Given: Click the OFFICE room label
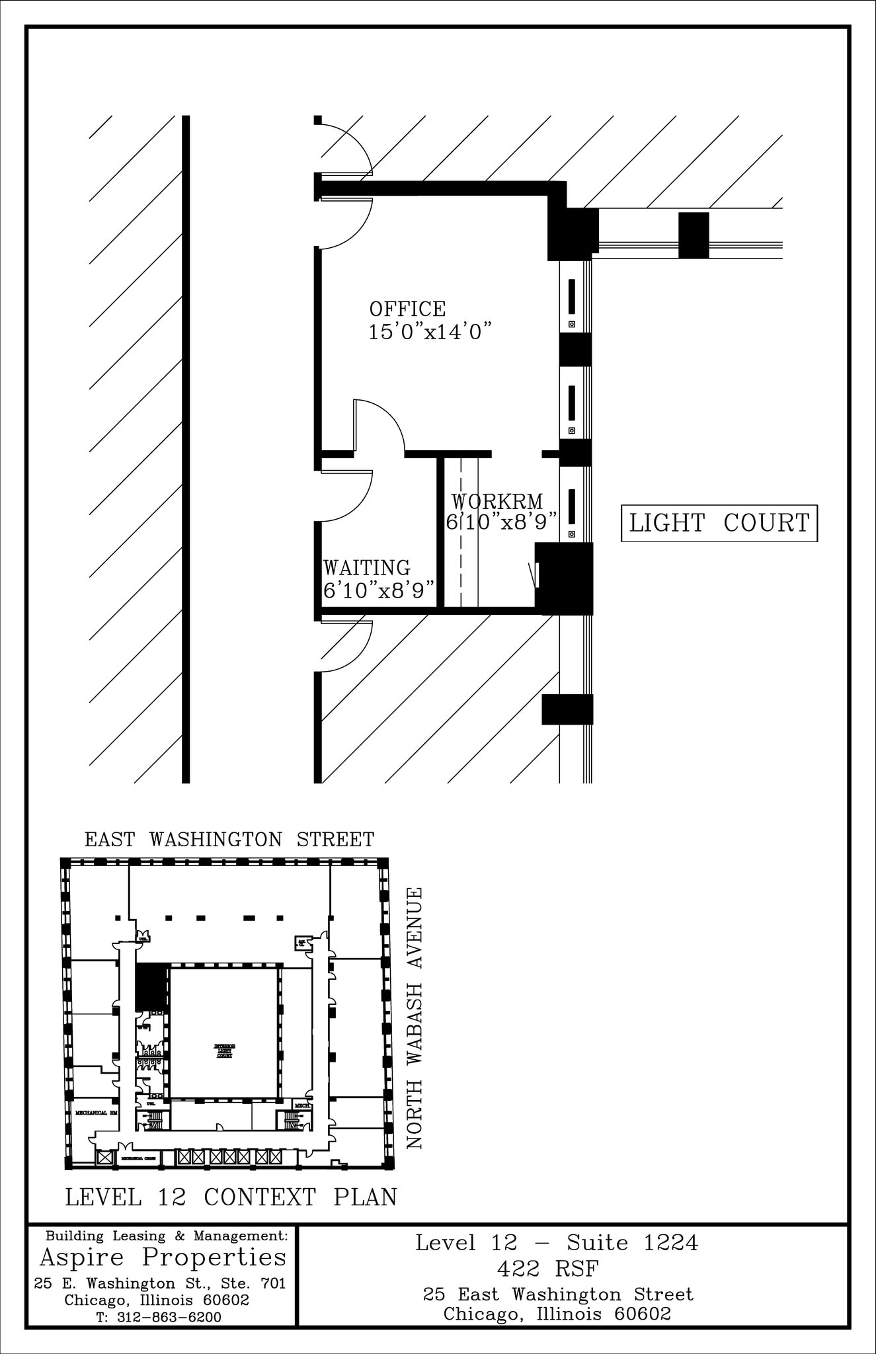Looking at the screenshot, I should click(x=407, y=309).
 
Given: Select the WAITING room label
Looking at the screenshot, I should click(x=366, y=568).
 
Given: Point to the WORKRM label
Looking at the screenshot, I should click(x=497, y=501).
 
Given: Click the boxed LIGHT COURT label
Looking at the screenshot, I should click(x=719, y=523).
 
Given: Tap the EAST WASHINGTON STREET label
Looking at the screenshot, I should click(x=229, y=840).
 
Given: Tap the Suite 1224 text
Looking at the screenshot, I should click(x=632, y=1243).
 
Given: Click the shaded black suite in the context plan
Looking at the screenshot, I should click(x=151, y=986).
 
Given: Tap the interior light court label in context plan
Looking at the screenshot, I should click(x=224, y=1051).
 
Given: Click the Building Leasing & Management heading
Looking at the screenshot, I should click(x=167, y=1236).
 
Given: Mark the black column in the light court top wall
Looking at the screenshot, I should click(x=694, y=235).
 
